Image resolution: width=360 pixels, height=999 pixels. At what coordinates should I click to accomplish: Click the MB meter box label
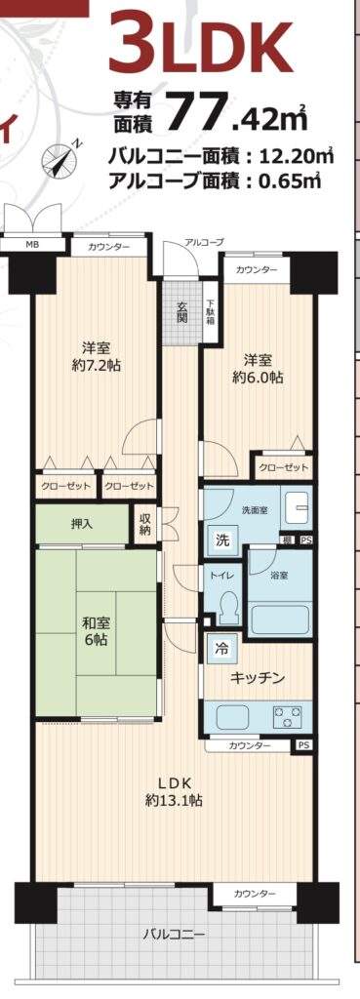(30, 244)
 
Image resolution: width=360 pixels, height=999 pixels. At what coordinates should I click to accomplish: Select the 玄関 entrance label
(181, 311)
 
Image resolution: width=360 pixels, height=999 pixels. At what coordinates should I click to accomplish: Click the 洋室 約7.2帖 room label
(97, 357)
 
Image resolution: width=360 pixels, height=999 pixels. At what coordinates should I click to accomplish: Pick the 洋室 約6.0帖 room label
(258, 368)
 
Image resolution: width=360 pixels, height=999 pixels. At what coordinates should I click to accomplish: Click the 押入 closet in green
(82, 524)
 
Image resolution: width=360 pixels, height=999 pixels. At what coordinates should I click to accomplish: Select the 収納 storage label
(145, 524)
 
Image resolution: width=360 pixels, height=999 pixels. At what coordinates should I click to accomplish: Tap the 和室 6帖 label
(96, 632)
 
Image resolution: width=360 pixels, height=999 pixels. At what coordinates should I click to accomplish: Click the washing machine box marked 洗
(220, 540)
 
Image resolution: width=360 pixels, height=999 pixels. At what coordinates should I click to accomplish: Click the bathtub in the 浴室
(280, 618)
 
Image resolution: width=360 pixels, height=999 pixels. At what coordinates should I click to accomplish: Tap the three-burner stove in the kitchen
(289, 718)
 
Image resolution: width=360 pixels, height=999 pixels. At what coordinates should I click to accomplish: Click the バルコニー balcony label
(174, 936)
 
